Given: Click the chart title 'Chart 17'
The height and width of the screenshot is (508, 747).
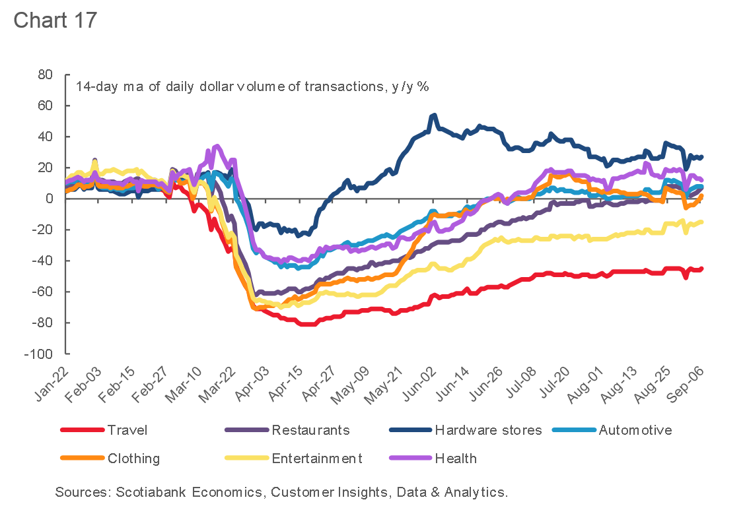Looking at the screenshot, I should coord(55,20).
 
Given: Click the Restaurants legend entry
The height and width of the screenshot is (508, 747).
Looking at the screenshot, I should coord(310,430).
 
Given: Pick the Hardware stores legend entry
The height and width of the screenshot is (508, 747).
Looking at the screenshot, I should coord(488,430).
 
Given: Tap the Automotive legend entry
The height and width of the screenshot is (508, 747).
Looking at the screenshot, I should coord(635,430).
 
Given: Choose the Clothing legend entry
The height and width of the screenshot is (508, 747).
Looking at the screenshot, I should coord(133,458).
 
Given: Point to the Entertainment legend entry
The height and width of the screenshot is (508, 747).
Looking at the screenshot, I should coord(317,458).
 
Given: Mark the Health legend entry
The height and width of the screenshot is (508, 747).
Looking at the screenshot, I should coord(456,458).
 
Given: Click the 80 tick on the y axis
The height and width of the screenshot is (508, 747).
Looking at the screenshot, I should coord(44,75).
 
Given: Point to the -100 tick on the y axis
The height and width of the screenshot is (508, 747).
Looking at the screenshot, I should coord(40,354).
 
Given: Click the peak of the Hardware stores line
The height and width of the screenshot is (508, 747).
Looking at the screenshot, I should coord(433,115).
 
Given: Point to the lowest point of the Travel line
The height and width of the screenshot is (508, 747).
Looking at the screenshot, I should coord(305,325).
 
